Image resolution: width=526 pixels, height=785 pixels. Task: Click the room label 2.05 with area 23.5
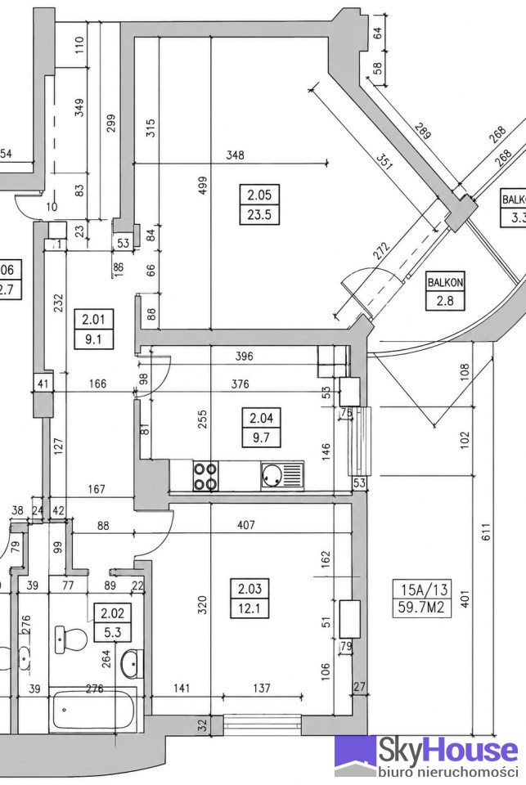259,204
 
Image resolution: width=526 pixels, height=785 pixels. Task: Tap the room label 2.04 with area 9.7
261,428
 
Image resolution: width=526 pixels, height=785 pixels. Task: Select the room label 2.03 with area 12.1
250,599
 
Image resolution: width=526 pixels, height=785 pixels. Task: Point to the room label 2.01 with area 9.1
94,329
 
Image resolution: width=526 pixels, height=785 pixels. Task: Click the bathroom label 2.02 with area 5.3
113,622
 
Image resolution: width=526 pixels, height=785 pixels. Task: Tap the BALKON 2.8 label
445,291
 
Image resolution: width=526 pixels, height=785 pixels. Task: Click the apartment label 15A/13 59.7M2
421,598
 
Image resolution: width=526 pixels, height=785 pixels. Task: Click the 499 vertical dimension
203,186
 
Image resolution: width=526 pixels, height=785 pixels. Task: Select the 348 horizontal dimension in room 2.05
235,155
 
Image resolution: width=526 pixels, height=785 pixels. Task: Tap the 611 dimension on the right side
485,532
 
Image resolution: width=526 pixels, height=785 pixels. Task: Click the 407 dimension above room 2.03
246,525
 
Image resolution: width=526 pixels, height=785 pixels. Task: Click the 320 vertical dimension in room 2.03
202,606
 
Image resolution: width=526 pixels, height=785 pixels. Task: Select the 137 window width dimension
262,689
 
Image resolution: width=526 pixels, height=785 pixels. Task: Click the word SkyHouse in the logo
447,751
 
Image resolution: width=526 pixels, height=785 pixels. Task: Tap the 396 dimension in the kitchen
245,357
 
